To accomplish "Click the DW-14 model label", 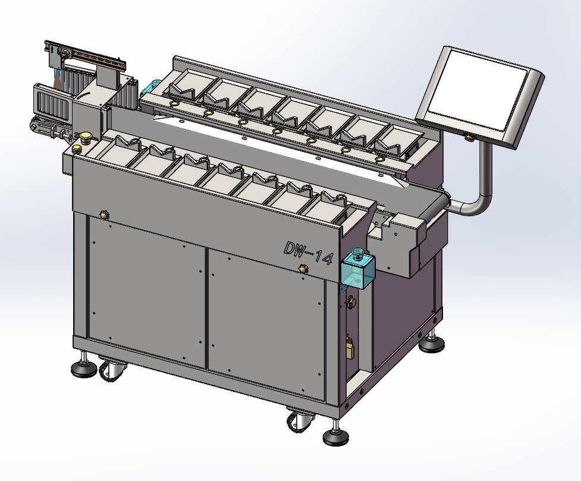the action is click(308, 253).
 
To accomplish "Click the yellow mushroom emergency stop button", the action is click(86, 136).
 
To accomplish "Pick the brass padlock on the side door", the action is click(350, 347).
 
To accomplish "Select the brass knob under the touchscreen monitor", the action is click(470, 138).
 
